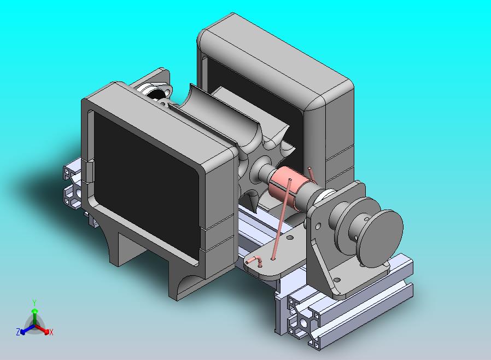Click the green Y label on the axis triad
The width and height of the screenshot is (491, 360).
tap(34, 303)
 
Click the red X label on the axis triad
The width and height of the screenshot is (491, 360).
tap(51, 332)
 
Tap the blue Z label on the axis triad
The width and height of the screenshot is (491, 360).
tap(18, 332)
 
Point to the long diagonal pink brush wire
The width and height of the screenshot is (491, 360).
tap(282, 219)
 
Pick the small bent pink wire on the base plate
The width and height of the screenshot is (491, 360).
tap(255, 260)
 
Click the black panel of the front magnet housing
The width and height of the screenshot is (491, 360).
tap(146, 182)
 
